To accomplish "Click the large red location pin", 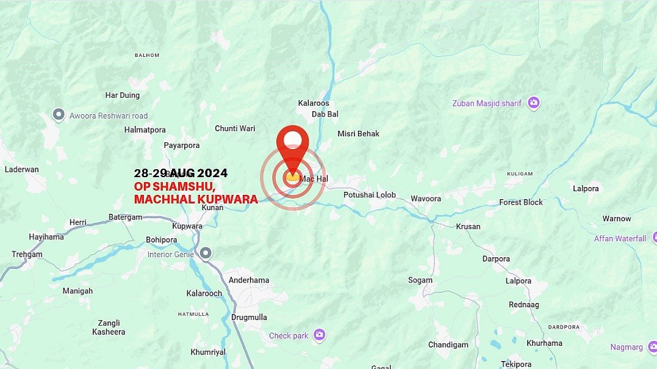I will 292,147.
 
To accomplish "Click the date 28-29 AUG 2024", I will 181,174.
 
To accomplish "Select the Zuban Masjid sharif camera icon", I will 534,103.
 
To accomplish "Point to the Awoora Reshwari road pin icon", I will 59,115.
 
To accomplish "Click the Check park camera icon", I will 319,335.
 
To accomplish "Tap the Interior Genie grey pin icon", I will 206,253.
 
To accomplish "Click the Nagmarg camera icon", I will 652,347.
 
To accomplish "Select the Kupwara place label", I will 187,226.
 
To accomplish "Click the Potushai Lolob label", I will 370,195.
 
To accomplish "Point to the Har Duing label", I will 123,95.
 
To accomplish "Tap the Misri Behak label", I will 359,134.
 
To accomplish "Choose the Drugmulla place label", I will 249,318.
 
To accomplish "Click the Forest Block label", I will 521,202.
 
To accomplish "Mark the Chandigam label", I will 448,345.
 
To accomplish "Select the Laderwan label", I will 22,169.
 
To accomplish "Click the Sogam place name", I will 420,280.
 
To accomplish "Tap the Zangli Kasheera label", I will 109,327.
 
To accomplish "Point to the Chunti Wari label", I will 235,128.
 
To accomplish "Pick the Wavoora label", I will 426,199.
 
